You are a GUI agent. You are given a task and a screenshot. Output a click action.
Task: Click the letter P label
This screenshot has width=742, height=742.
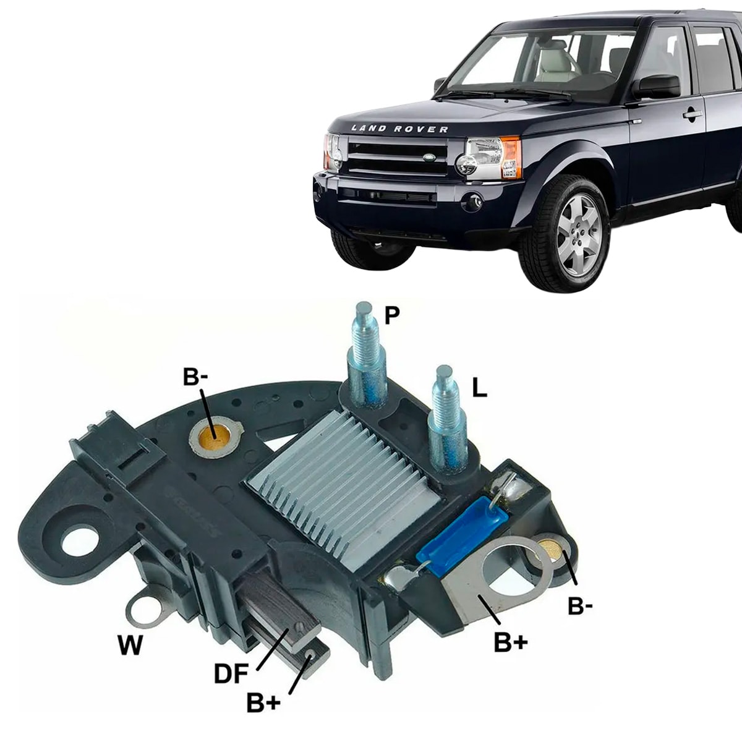(391, 315)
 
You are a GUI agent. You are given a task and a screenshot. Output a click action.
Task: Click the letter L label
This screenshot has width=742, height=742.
(479, 388)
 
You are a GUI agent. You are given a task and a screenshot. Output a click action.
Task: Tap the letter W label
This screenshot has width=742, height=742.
(130, 646)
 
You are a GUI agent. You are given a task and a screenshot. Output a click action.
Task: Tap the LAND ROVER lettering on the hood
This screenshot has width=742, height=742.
(399, 129)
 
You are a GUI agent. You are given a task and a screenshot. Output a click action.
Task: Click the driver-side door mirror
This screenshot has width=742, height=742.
(657, 87)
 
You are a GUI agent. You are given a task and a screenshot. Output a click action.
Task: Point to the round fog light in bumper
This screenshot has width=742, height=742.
(472, 200)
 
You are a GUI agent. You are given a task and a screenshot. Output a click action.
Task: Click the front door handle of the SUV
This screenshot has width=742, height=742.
(693, 114)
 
